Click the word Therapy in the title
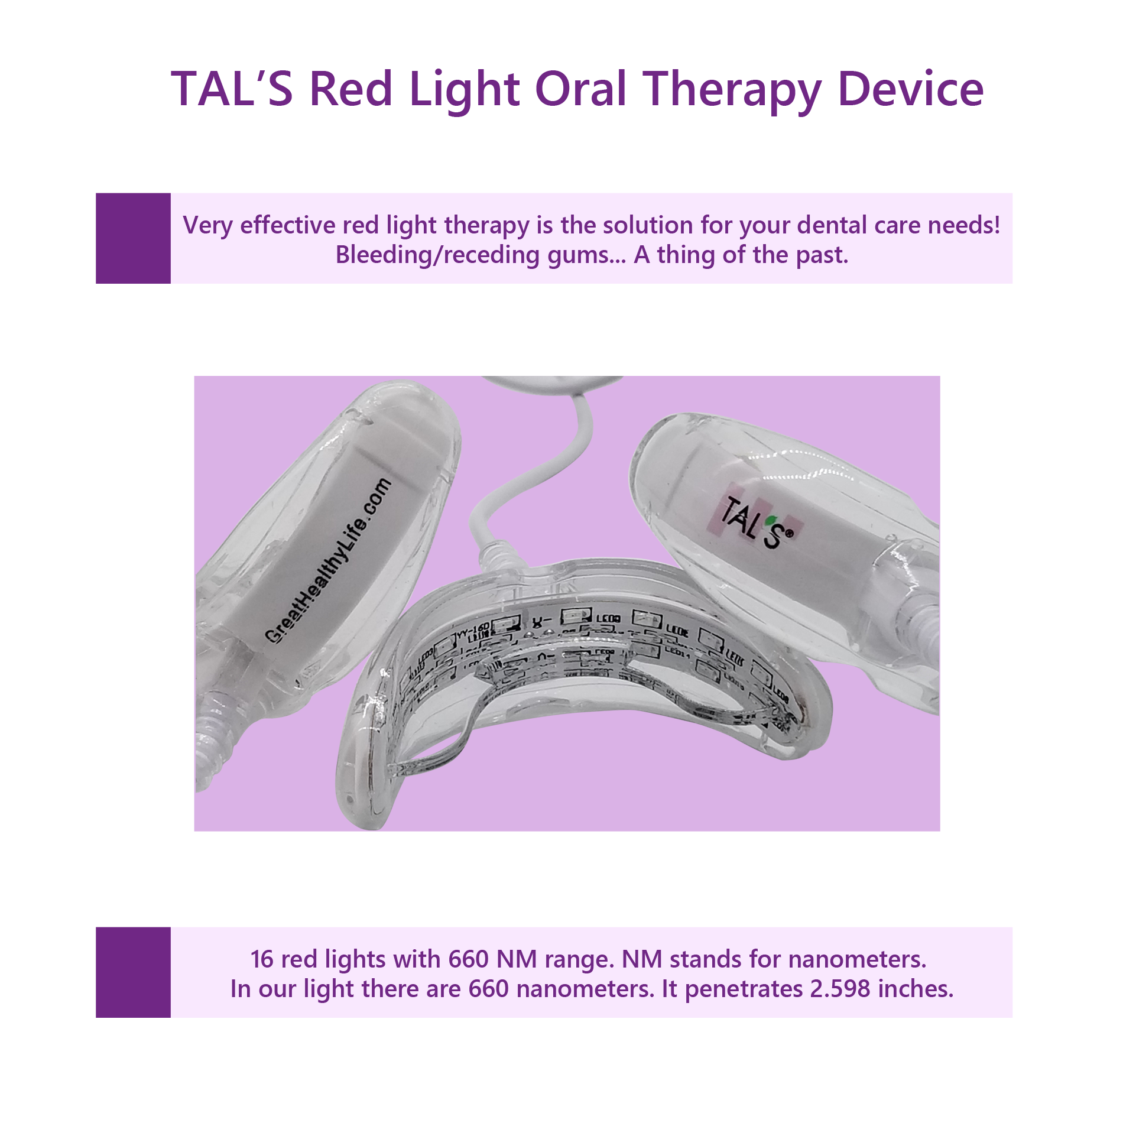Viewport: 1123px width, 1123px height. coord(732,90)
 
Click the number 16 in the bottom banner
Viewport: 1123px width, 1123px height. coord(262,959)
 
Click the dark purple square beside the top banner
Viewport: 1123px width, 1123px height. coord(133,238)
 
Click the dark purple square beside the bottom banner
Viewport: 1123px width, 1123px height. coord(133,972)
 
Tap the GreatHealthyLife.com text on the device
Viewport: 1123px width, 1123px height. coord(329,560)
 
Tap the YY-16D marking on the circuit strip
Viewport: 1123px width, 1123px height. coord(473,627)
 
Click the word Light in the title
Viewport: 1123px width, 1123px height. coord(464,90)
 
